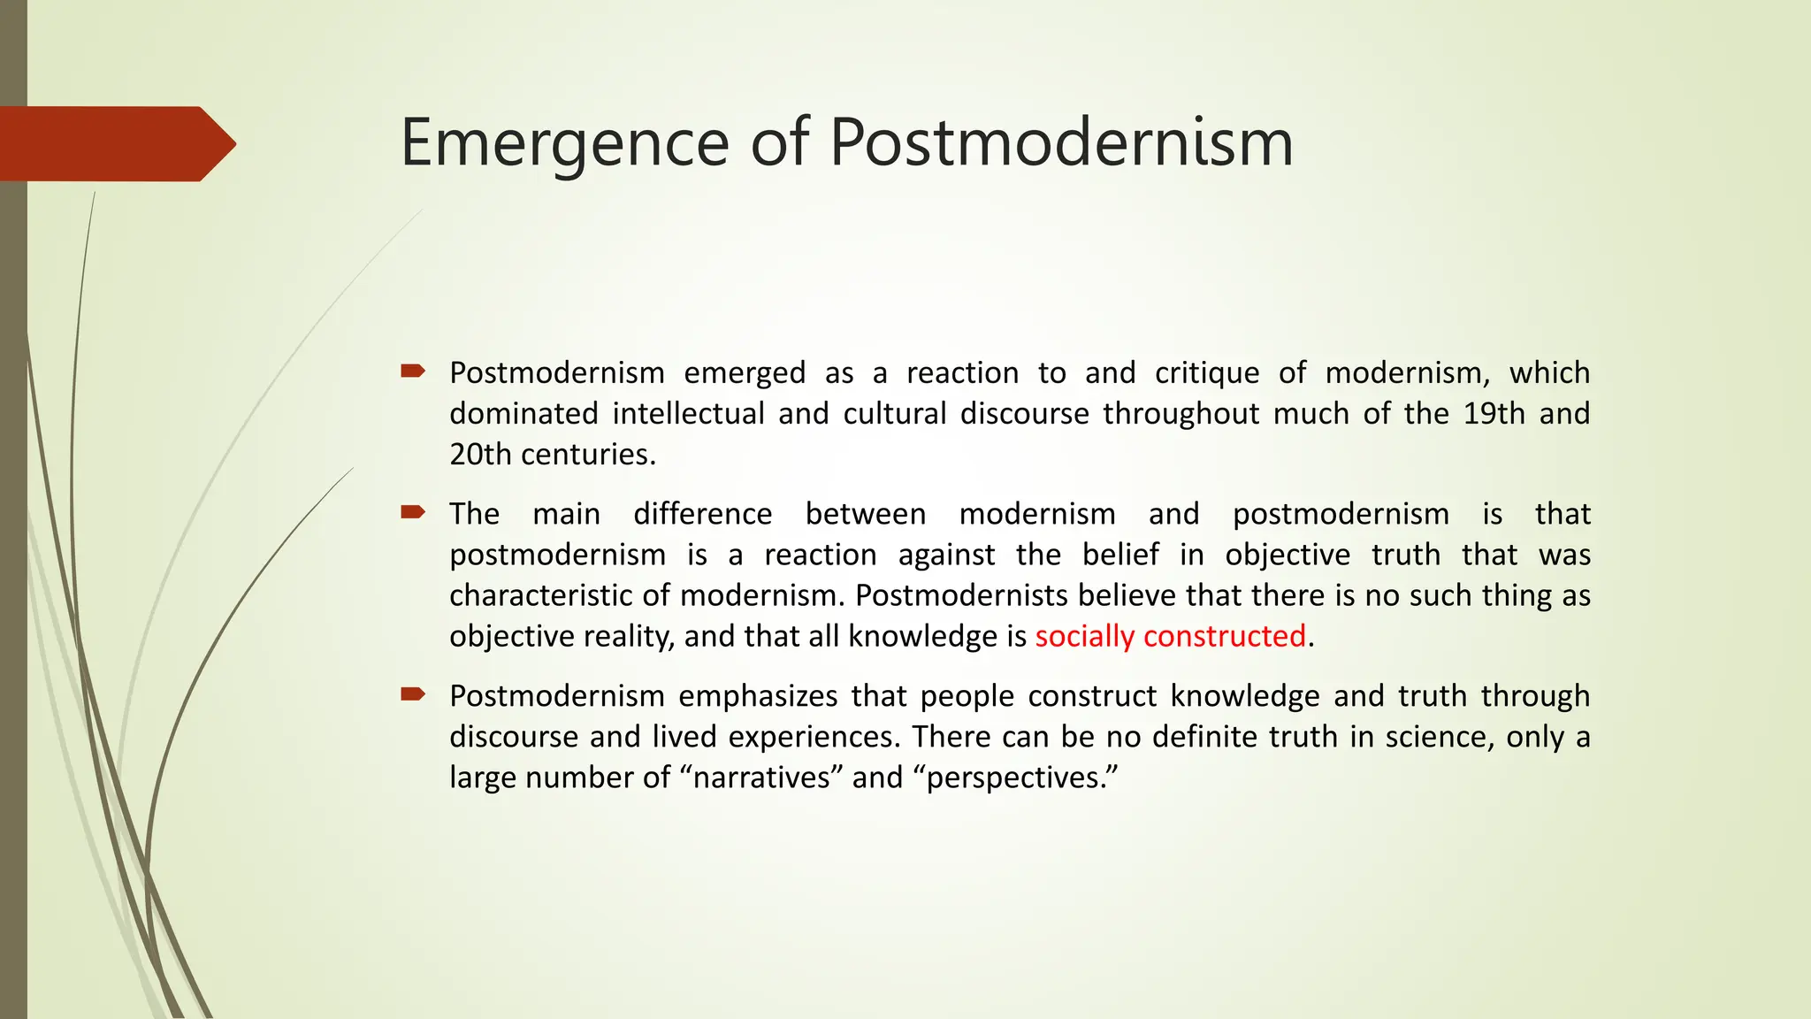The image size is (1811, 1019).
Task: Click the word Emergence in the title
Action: [564, 143]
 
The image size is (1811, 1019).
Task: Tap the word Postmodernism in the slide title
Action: [1061, 143]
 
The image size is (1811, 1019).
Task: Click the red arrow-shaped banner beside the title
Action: [115, 143]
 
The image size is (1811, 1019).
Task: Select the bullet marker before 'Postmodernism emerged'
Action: [412, 372]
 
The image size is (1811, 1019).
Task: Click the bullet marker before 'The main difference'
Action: [412, 512]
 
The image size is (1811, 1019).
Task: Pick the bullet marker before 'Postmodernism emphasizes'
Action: [412, 694]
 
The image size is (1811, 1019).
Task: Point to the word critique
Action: [1206, 373]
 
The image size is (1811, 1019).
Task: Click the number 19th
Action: [1494, 414]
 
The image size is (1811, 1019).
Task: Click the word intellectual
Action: [688, 414]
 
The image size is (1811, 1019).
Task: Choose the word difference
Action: [702, 514]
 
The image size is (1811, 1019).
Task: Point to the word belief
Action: [1120, 555]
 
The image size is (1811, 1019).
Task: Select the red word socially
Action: [1084, 636]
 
